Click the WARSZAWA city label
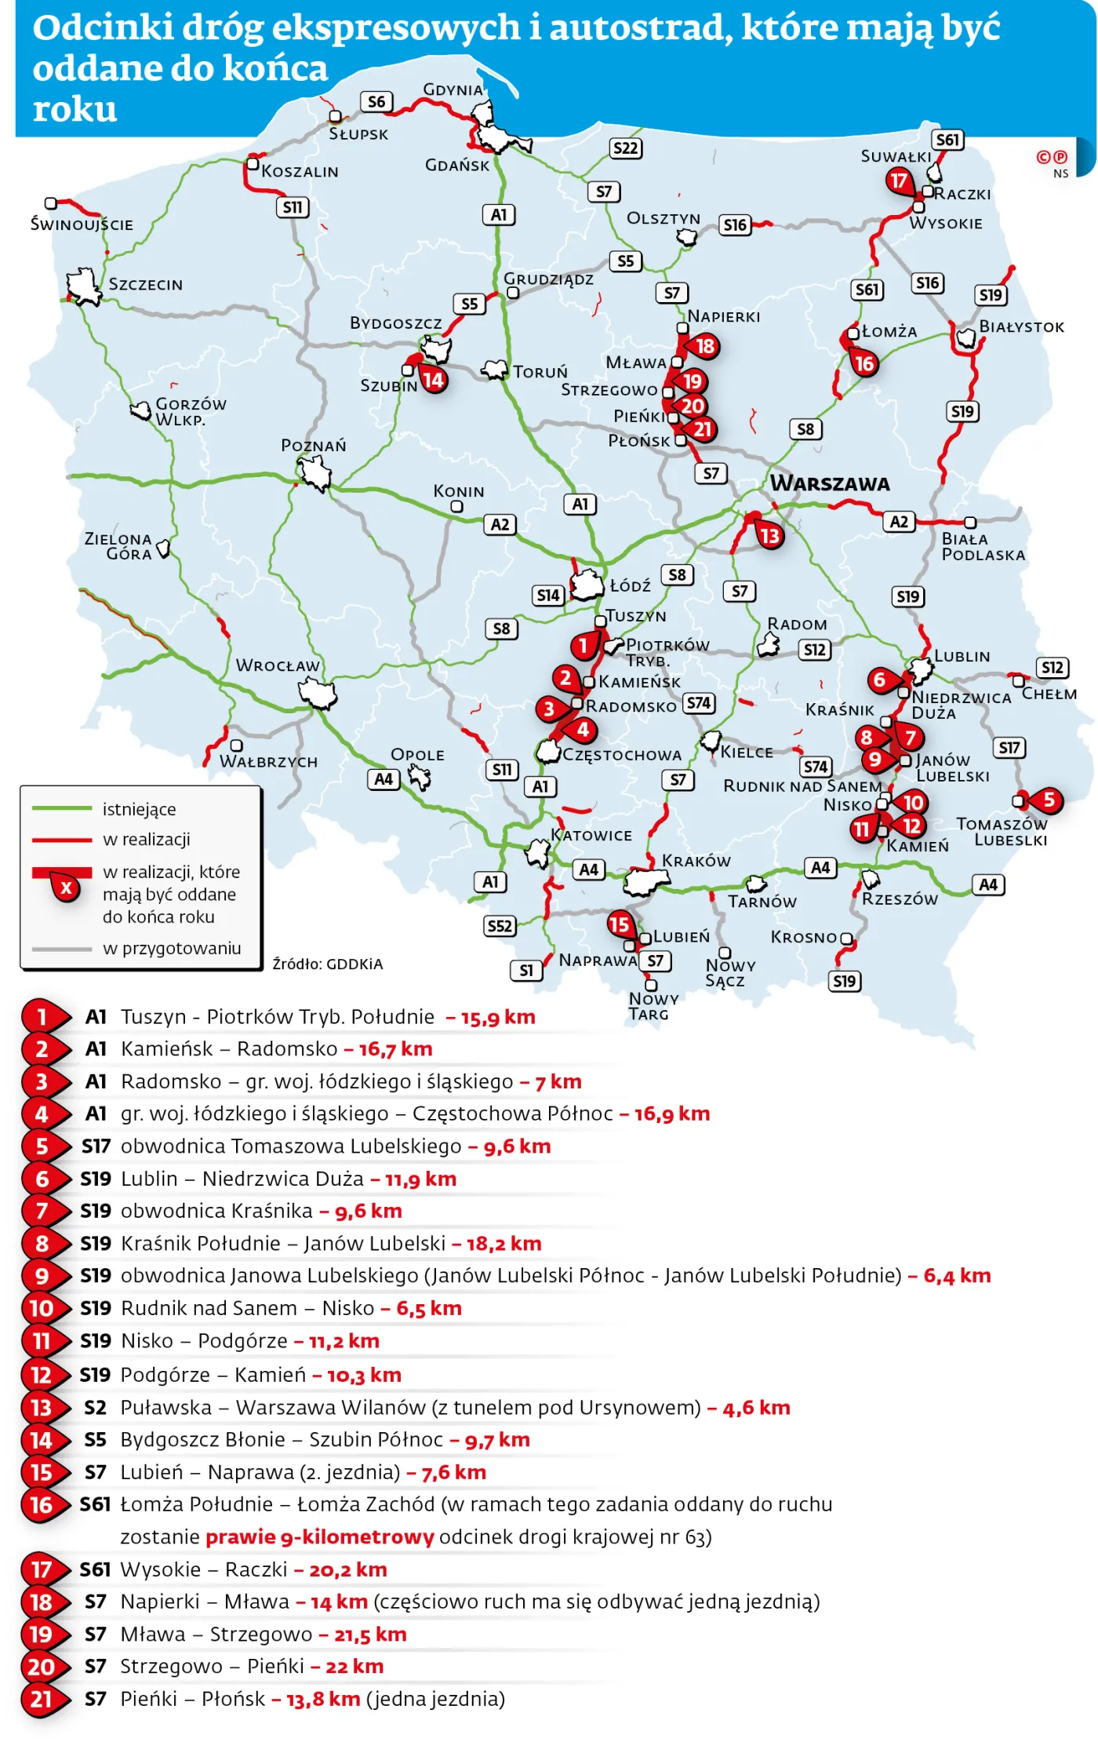coord(830,483)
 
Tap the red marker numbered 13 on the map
coord(770,536)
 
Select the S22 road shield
coord(625,148)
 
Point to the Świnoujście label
coord(82,224)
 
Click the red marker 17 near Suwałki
coord(899,181)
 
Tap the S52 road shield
coord(500,926)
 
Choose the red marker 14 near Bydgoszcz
coord(433,381)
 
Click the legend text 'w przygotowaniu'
coord(172,948)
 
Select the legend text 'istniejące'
coord(139,809)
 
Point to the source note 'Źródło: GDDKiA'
coord(327,964)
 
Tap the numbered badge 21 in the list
coord(41,1700)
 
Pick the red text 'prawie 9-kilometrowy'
coord(319,1536)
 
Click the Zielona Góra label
coord(118,546)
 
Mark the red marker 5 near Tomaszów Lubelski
coord(1049,800)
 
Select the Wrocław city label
coord(278,665)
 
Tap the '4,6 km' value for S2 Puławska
coord(756,1408)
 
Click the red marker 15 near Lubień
coord(620,924)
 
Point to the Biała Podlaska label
coord(983,547)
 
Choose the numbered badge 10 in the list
coord(41,1308)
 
